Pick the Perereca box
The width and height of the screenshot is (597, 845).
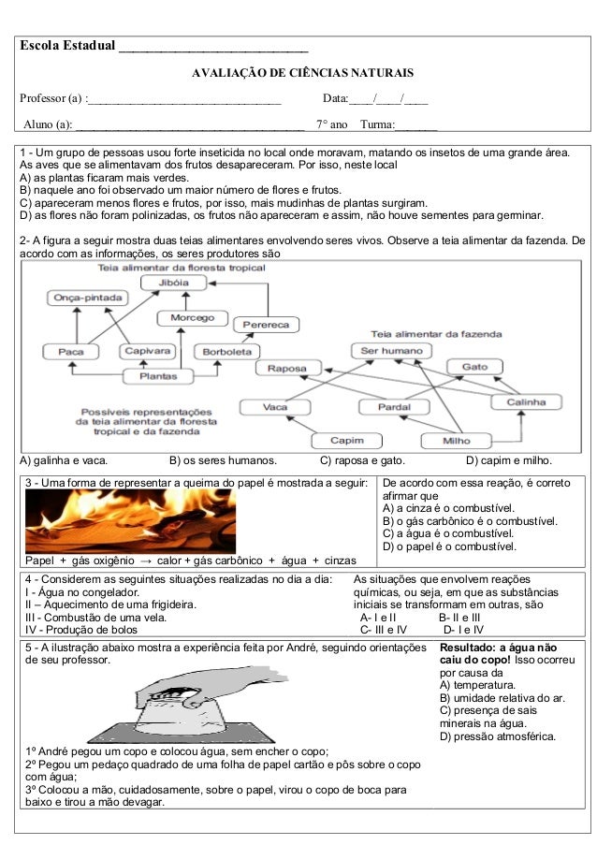coord(266,325)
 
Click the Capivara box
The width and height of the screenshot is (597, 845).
coord(146,352)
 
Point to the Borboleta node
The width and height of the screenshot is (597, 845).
coord(223,352)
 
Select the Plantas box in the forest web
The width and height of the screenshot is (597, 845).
coord(158,376)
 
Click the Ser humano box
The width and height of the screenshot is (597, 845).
coord(390,351)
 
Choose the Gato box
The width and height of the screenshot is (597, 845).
coord(473,367)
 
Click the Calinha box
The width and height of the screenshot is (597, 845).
coord(527,401)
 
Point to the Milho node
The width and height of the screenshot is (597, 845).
coord(457,440)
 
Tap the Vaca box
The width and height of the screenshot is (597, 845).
coord(275,407)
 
